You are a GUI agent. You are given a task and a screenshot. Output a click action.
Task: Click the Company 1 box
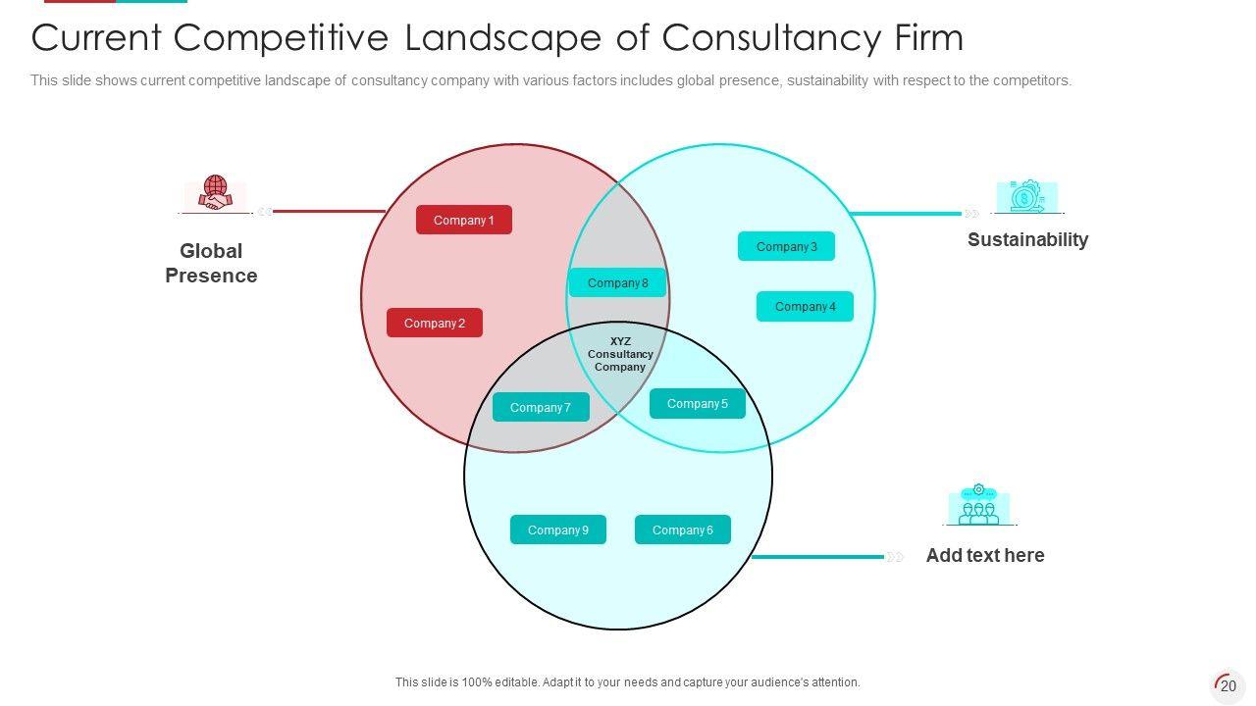463,221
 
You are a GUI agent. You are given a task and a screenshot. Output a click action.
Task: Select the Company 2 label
434,324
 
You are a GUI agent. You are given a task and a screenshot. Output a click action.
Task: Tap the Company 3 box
786,247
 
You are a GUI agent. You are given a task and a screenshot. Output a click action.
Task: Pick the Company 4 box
805,307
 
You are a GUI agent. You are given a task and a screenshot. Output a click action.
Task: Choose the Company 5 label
697,404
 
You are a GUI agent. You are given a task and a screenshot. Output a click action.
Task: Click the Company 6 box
682,530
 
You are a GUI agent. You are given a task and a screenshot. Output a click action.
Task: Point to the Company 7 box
540,408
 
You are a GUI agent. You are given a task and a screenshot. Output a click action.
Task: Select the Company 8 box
617,283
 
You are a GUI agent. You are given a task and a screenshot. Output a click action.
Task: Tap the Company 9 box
557,530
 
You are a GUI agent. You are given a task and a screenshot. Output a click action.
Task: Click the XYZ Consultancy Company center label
620,354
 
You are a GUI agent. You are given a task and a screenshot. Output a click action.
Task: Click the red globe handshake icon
215,192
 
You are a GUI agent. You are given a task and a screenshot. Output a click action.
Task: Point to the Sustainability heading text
1027,240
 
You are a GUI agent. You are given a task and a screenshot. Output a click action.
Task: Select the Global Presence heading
211,264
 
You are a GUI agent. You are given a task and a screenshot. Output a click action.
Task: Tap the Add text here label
984,556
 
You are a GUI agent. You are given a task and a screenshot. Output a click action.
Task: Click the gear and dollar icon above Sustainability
1026,196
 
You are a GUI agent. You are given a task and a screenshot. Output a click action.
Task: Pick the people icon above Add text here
978,505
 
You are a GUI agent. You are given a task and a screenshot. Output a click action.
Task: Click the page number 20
1228,686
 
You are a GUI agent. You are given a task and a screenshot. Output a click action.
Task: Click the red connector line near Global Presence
329,211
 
